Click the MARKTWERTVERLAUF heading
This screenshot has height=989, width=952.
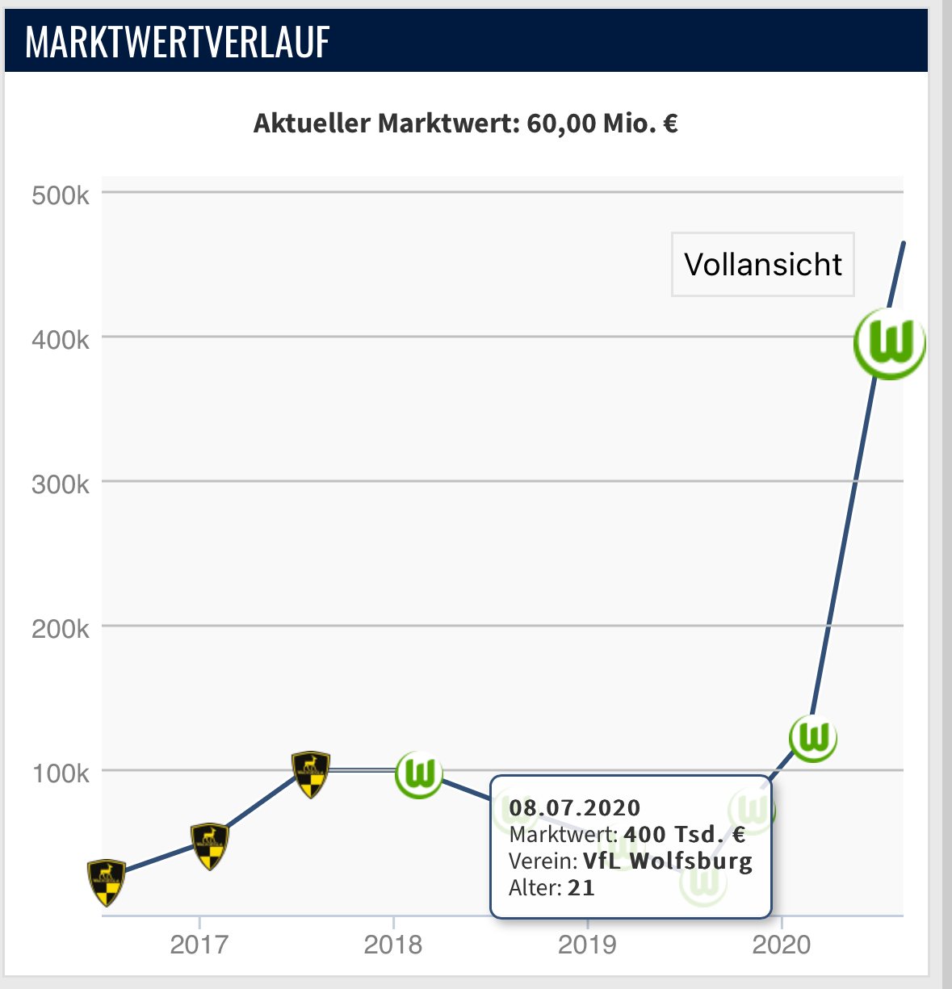pos(178,42)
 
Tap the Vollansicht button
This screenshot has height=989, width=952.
pos(763,265)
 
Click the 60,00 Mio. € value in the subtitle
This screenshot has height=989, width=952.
pos(602,124)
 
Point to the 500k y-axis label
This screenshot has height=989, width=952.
pos(61,195)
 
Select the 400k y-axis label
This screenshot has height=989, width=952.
pos(61,340)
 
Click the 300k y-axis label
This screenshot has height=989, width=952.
pos(61,484)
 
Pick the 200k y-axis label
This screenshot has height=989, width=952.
pos(61,629)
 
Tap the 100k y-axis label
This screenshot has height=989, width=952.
pos(61,773)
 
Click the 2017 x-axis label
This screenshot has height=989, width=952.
pos(199,944)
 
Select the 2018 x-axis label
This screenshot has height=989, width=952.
pos(393,944)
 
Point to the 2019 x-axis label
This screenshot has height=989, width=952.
pos(587,944)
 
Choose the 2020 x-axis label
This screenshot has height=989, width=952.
pos(781,944)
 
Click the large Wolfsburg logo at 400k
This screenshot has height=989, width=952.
pos(890,343)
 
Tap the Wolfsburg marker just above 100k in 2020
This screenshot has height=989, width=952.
pos(813,738)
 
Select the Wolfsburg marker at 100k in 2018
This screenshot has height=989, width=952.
pos(419,774)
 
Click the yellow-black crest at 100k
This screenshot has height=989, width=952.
pos(311,773)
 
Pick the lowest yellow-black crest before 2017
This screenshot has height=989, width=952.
pos(107,881)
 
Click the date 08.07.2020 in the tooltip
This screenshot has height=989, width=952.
pos(574,808)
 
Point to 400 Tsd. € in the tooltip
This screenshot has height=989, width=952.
pos(685,834)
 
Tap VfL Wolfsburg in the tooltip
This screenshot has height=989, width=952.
pos(667,861)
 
